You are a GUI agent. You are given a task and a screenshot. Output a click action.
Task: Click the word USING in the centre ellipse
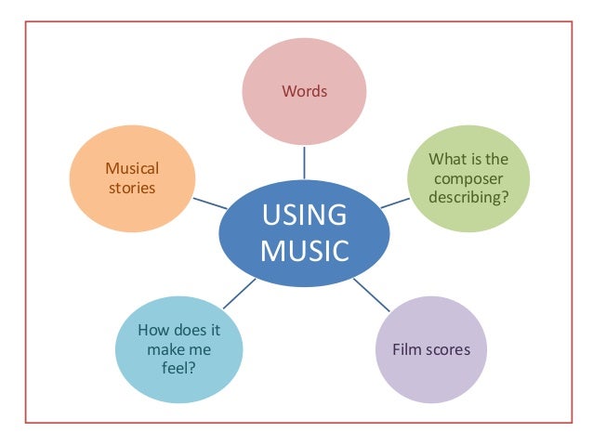(x=304, y=216)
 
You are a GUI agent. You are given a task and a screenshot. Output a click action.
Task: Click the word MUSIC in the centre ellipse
(x=304, y=251)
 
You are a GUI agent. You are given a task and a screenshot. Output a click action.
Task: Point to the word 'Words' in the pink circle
(x=304, y=92)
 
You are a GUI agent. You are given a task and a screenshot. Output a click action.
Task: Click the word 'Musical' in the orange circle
(x=132, y=168)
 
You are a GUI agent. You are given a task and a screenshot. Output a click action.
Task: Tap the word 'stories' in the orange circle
(x=131, y=188)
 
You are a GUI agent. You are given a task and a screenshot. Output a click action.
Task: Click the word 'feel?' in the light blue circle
(x=178, y=367)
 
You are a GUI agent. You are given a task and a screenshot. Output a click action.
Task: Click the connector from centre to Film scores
(x=373, y=295)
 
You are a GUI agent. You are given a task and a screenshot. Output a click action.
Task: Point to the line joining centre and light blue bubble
(x=241, y=293)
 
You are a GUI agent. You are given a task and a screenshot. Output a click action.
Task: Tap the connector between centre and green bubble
(x=394, y=201)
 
